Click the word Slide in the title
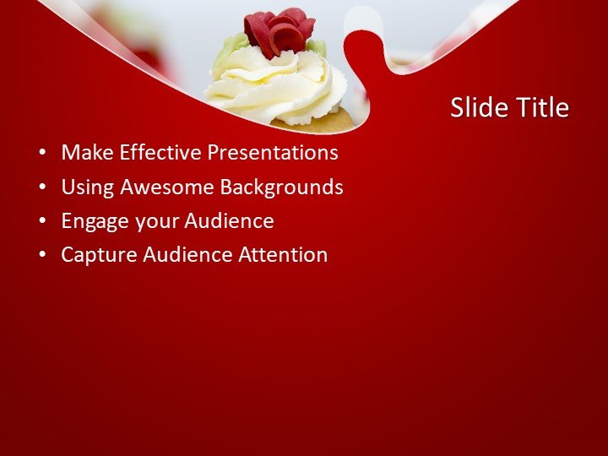pyautogui.click(x=477, y=108)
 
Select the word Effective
pyautogui.click(x=160, y=153)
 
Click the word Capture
pyautogui.click(x=95, y=255)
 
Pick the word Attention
pyautogui.click(x=284, y=255)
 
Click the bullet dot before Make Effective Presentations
pyautogui.click(x=42, y=154)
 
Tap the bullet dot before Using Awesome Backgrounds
pyautogui.click(x=42, y=187)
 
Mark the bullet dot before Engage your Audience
pyautogui.click(x=42, y=222)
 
